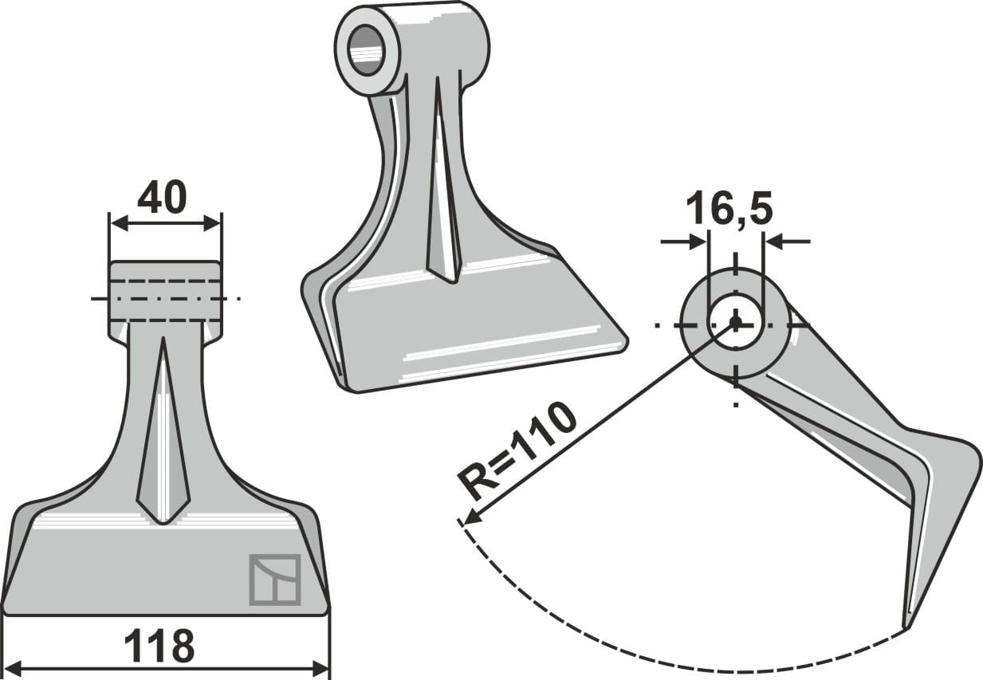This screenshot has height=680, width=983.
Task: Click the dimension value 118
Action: point(159,646)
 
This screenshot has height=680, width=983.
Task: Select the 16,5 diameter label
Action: point(729,210)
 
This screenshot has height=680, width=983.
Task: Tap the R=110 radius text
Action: point(517,450)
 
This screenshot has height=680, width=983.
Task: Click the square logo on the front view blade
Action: point(275,580)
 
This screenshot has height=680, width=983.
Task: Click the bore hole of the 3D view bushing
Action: point(366,50)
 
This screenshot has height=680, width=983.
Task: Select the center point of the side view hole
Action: point(735,323)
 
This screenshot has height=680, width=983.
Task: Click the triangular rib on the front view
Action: point(163,446)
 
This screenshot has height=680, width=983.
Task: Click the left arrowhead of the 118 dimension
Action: point(13,668)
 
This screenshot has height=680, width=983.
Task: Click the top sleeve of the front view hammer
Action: point(165,291)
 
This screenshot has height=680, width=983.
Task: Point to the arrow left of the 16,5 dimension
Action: point(698,242)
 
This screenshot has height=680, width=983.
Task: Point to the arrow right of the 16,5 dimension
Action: point(773,242)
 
